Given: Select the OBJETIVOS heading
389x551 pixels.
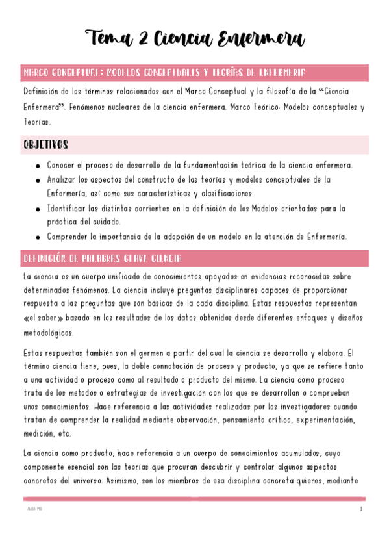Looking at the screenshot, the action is tap(45, 144).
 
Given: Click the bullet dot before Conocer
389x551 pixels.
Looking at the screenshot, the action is tap(39, 166).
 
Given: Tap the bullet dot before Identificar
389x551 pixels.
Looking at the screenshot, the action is tap(39, 209).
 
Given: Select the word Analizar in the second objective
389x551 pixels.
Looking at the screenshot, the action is tap(64, 180).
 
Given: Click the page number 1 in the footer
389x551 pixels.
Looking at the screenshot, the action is tap(360, 509).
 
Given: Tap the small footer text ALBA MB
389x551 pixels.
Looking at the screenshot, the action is tap(32, 509).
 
